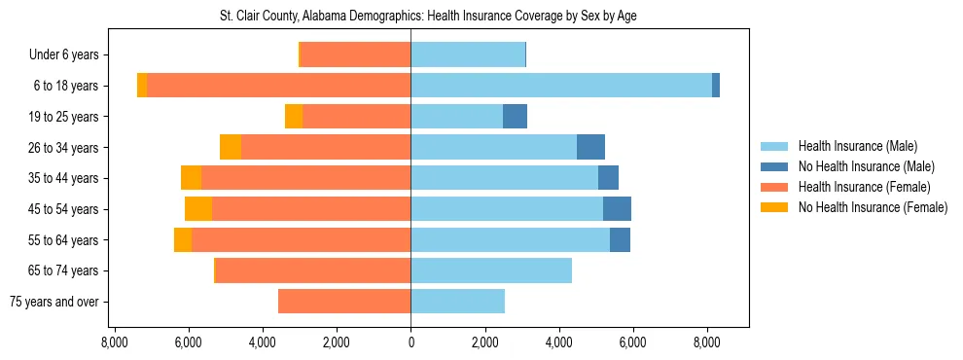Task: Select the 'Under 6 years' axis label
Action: click(x=63, y=54)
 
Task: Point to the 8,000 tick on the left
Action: click(x=115, y=342)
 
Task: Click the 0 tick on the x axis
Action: click(x=410, y=342)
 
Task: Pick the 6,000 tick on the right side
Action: click(x=632, y=342)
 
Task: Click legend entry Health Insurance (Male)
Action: click(x=857, y=146)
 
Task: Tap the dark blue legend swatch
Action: click(x=774, y=166)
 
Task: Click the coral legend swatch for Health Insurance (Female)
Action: click(x=774, y=187)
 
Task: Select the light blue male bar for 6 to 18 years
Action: click(x=561, y=86)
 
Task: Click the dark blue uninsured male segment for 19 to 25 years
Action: click(x=515, y=117)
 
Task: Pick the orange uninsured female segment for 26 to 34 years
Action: click(x=231, y=147)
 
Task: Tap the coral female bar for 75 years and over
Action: click(x=344, y=302)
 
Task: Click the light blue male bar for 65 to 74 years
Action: click(x=491, y=270)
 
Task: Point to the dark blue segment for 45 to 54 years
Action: click(x=617, y=209)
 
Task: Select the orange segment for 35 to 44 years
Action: click(x=191, y=178)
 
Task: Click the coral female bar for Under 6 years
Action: click(x=356, y=54)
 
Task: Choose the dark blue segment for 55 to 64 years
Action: click(x=620, y=239)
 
